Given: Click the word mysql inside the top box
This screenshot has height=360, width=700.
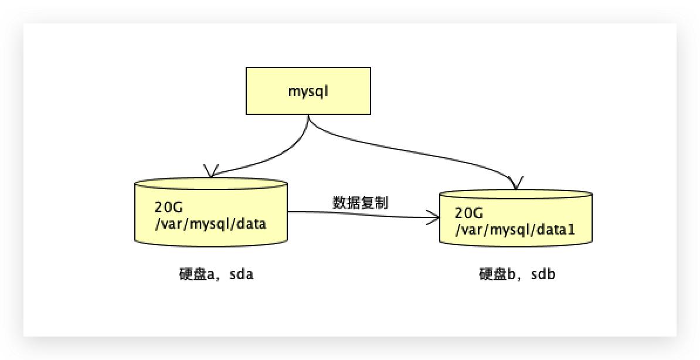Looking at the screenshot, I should [x=308, y=91].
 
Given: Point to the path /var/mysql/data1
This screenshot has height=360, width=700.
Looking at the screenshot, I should [x=515, y=230].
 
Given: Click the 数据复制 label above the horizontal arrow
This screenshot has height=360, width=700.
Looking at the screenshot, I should [x=360, y=202].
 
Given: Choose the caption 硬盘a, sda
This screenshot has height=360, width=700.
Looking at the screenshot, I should [x=216, y=274].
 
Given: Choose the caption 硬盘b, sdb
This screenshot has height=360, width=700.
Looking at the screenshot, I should [x=516, y=274].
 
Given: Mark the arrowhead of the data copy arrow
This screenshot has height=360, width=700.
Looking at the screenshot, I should [x=434, y=219].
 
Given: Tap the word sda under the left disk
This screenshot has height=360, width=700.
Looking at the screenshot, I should [x=242, y=274].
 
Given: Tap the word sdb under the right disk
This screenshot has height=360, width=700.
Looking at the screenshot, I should [x=543, y=274].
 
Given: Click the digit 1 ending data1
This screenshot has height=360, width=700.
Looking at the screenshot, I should [x=571, y=230].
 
